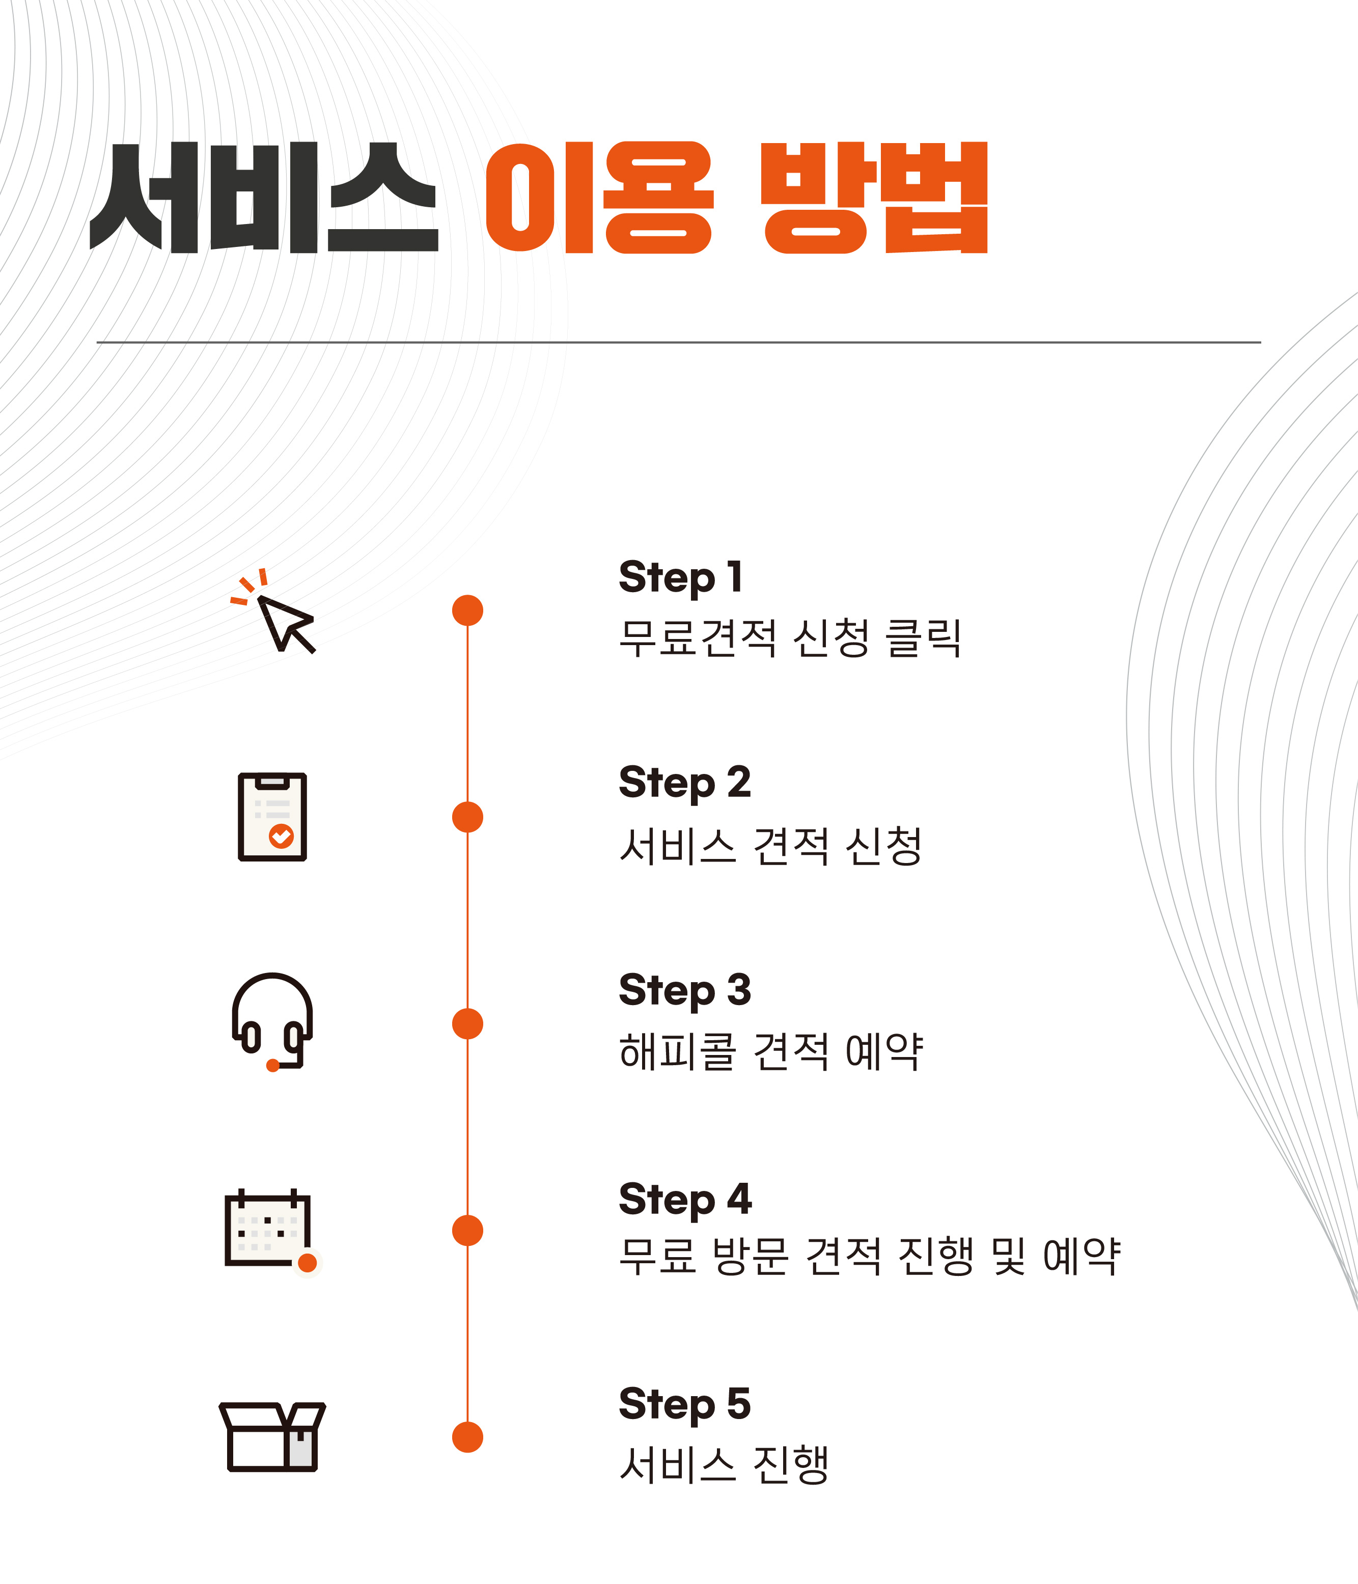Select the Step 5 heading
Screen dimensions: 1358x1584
(x=685, y=1404)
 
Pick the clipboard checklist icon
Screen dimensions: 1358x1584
(x=272, y=817)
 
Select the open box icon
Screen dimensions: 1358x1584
(x=272, y=1436)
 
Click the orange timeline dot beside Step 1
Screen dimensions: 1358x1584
(x=467, y=610)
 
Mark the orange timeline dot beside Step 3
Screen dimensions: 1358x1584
(x=467, y=1023)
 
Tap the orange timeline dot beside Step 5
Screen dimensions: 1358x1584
(x=467, y=1437)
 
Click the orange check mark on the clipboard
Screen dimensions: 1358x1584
(x=282, y=837)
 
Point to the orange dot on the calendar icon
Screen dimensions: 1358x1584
(x=308, y=1263)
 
